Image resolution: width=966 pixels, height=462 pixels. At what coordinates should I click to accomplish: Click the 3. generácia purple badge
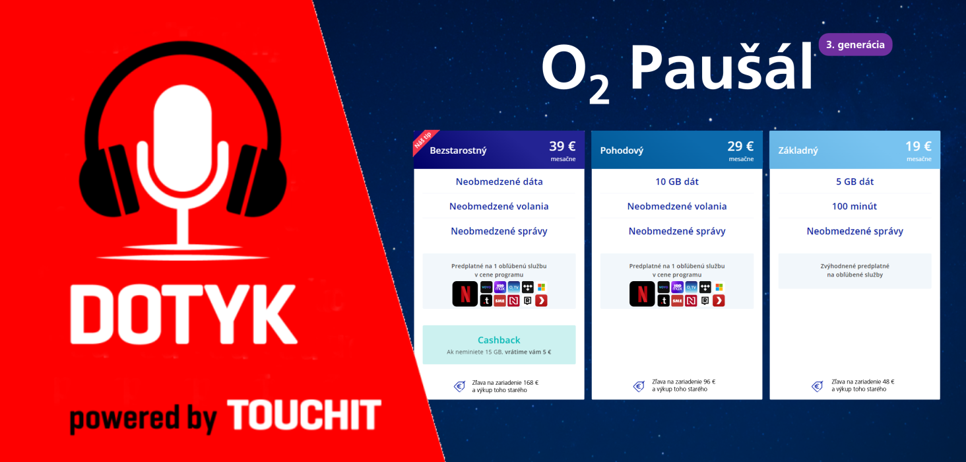(x=855, y=45)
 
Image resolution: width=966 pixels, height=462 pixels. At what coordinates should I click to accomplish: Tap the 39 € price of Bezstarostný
(x=562, y=147)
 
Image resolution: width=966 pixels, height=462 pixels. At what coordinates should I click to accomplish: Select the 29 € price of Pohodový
(x=740, y=147)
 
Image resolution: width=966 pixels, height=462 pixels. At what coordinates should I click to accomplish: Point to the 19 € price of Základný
(x=918, y=147)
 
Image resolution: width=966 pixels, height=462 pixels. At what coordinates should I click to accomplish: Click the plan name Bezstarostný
(x=458, y=150)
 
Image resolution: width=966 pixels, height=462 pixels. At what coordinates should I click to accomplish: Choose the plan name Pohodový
(x=622, y=150)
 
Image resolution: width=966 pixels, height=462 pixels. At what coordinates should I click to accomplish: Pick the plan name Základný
(x=798, y=150)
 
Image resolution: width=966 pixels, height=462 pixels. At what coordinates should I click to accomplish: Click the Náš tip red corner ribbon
(x=422, y=140)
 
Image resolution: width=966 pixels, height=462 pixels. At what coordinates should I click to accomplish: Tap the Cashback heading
(x=499, y=340)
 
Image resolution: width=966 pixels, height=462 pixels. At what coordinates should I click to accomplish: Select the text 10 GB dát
(x=677, y=181)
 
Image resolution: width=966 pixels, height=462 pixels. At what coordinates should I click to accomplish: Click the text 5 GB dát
(x=854, y=181)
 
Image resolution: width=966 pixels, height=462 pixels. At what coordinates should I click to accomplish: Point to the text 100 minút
(x=854, y=207)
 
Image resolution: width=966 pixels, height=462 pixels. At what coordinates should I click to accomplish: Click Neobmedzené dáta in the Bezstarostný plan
(x=499, y=181)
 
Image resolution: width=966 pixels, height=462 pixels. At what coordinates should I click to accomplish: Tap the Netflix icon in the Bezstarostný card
(x=465, y=294)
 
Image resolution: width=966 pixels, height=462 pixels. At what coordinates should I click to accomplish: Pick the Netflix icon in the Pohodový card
(x=643, y=294)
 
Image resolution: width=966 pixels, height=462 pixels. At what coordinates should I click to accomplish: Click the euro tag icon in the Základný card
(x=817, y=386)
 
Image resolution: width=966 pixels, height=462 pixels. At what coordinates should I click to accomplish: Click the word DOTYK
(x=183, y=319)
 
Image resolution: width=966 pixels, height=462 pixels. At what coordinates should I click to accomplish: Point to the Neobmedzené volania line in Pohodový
(x=677, y=207)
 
